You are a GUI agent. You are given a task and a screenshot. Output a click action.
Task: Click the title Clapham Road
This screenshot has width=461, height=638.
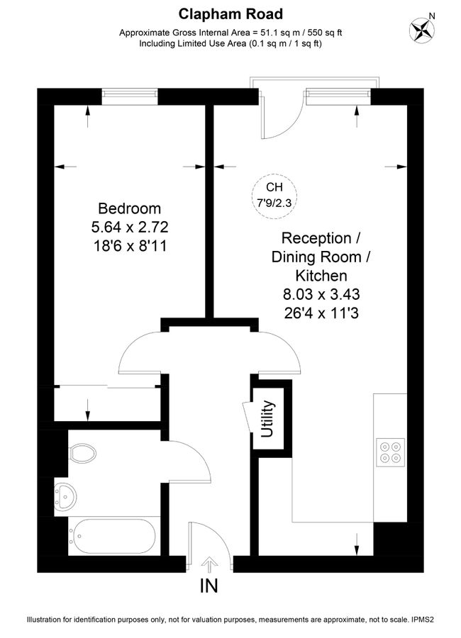pyautogui.click(x=230, y=13)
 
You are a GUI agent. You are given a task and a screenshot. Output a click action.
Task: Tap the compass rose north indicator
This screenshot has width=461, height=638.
pyautogui.click(x=422, y=29)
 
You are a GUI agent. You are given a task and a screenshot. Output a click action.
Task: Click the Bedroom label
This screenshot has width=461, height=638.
pyautogui.click(x=129, y=208)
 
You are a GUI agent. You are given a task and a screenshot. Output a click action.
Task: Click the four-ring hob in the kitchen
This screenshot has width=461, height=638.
pyautogui.click(x=389, y=452)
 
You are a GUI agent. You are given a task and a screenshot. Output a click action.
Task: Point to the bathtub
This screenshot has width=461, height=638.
pyautogui.click(x=113, y=536)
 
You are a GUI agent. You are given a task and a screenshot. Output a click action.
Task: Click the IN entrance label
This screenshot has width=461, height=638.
pyautogui.click(x=209, y=586)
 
